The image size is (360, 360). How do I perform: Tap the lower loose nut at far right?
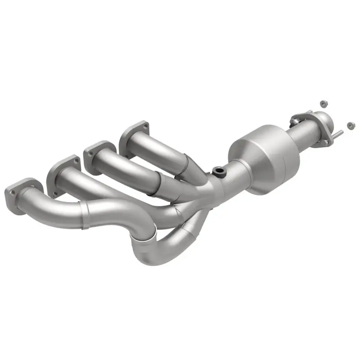[x=350, y=124]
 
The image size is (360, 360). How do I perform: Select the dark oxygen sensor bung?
[x=220, y=171]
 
